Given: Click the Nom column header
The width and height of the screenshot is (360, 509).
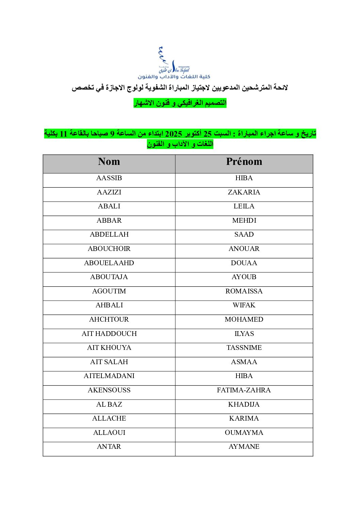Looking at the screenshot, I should tap(109, 162).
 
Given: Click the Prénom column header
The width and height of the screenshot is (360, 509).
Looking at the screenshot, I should tap(244, 162).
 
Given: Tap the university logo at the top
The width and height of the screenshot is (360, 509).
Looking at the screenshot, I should tap(174, 64).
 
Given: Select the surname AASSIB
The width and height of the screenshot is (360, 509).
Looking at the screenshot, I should tap(109, 178).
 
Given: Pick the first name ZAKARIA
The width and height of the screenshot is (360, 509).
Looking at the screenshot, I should tap(244, 192).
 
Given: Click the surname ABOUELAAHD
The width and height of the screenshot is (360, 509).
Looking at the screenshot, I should tap(109, 263).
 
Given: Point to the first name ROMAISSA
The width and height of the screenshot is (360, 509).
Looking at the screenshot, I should tap(244, 291).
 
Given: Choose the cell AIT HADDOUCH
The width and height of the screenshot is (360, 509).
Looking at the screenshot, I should tap(109, 334).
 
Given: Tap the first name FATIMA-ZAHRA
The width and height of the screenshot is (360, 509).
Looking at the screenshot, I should tap(244, 390).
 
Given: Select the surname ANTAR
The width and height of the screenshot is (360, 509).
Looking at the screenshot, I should tap(109, 447).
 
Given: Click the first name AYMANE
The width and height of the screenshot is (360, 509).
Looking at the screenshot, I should tap(244, 447).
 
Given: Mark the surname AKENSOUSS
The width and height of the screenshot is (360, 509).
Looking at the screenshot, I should tap(109, 390).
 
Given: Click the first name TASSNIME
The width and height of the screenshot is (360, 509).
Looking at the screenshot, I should tap(244, 348).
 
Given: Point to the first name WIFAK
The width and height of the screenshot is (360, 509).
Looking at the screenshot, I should tap(244, 305).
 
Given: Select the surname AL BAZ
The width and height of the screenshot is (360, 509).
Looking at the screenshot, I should tap(109, 405).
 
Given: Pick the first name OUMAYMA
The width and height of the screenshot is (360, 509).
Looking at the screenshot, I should tap(244, 433).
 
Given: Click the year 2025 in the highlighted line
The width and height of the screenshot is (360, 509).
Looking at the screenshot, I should tap(174, 134).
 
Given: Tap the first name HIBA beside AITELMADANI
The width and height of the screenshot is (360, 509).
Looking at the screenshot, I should tap(244, 376).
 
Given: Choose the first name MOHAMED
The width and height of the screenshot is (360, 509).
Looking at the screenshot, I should tap(244, 320).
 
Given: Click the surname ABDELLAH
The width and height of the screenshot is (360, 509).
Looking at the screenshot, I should tap(109, 235).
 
